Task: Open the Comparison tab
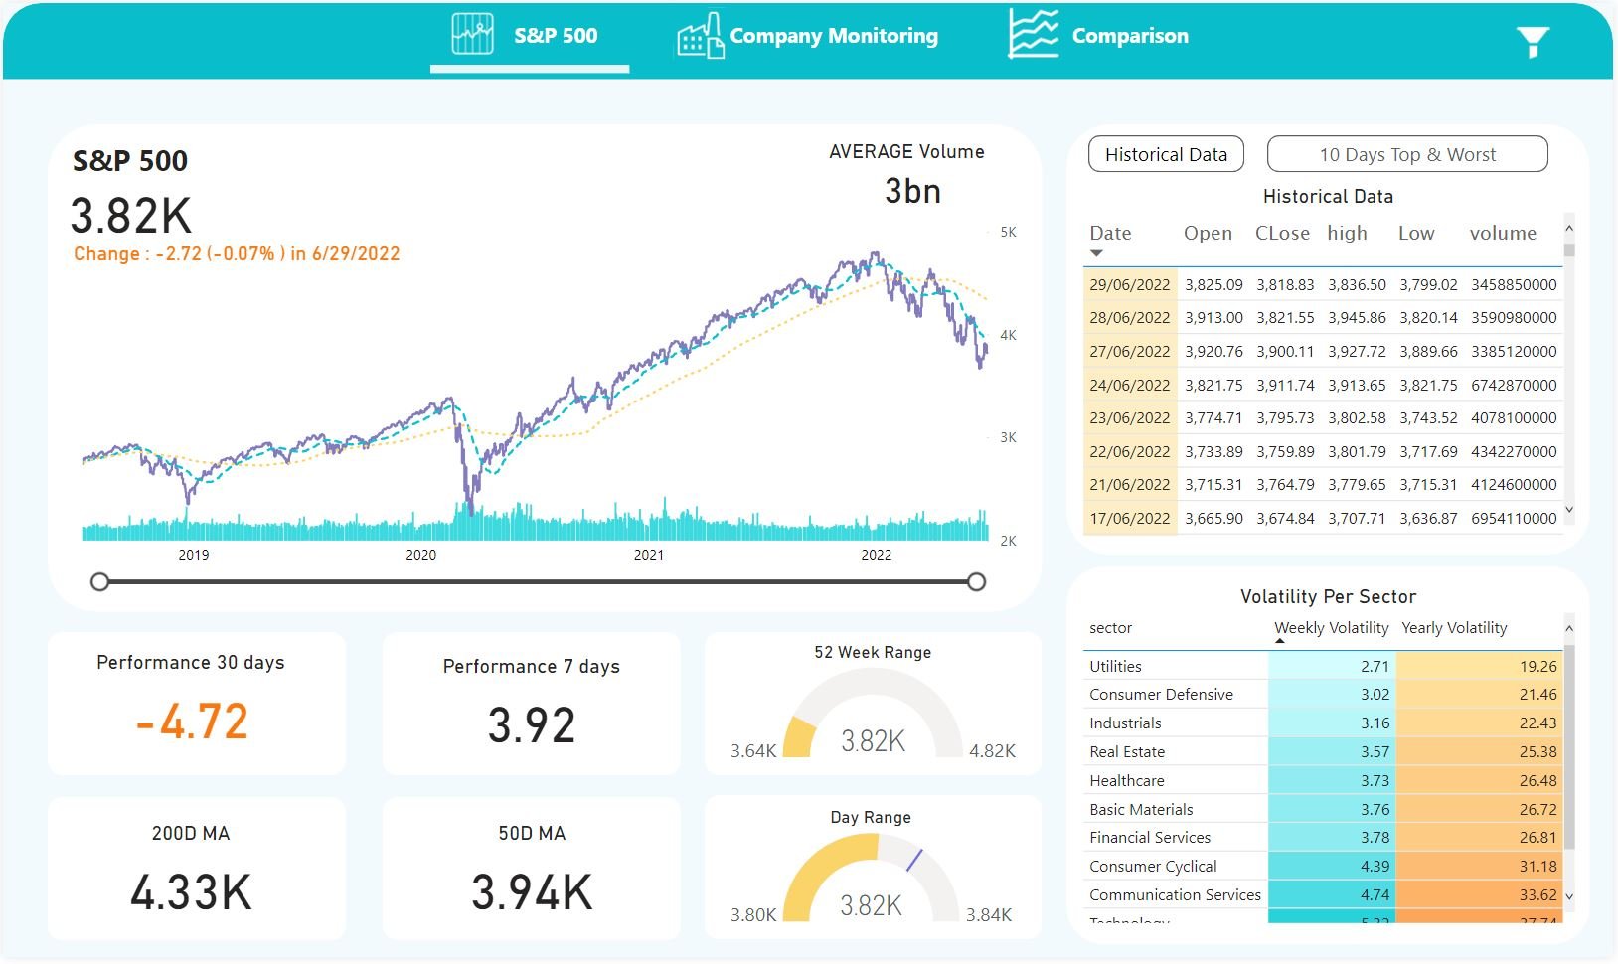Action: (x=1129, y=36)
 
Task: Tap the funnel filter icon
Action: (x=1533, y=41)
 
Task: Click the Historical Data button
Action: (x=1166, y=154)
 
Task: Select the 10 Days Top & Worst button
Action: (x=1407, y=154)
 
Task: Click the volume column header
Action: (x=1503, y=233)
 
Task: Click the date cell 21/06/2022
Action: (x=1130, y=484)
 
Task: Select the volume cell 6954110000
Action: (x=1514, y=518)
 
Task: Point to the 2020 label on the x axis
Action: (x=420, y=555)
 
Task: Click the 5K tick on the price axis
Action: (x=1008, y=232)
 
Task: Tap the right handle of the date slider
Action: (x=977, y=582)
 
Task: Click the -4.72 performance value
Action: (x=192, y=722)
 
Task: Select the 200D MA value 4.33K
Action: (x=191, y=891)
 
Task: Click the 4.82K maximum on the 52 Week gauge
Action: (x=992, y=751)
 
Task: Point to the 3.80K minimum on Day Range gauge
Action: (x=753, y=915)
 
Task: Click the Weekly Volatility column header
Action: (x=1331, y=628)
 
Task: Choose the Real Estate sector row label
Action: (x=1127, y=752)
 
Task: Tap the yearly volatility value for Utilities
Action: (x=1537, y=666)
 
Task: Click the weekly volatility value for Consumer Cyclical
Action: (x=1375, y=867)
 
